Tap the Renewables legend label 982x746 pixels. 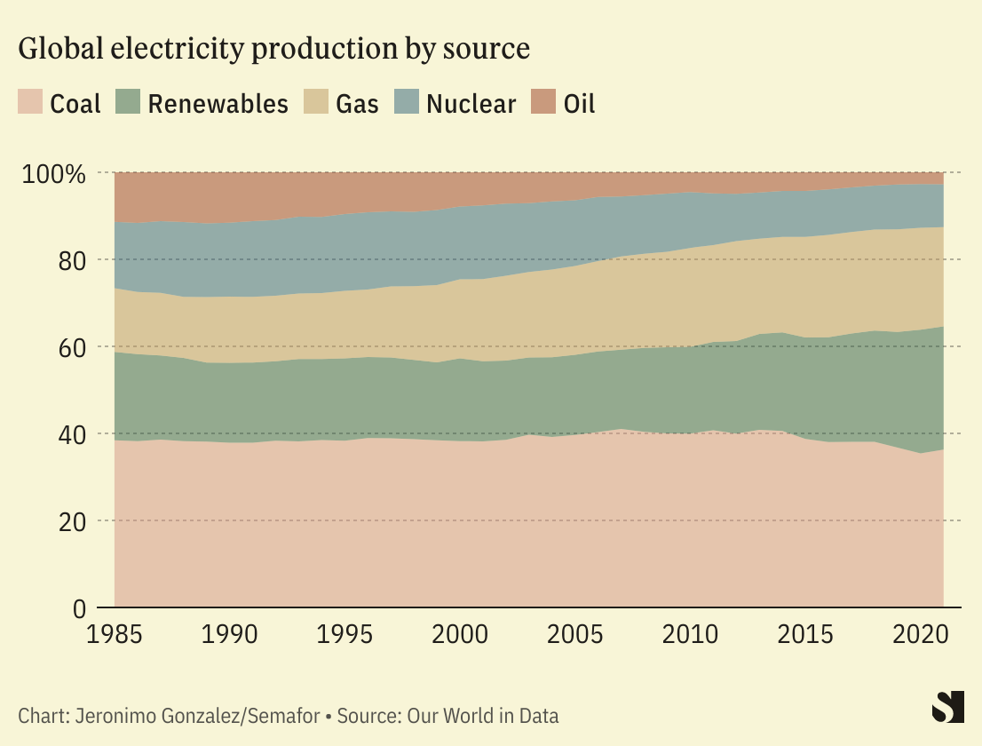218,104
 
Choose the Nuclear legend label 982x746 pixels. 471,104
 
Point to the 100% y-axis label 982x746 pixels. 53,173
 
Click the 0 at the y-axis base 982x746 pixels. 80,608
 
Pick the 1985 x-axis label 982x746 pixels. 115,636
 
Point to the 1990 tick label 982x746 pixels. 230,636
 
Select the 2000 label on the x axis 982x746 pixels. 460,636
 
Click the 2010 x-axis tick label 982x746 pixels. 690,636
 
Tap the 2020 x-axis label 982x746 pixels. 920,636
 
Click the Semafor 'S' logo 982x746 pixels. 947,707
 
